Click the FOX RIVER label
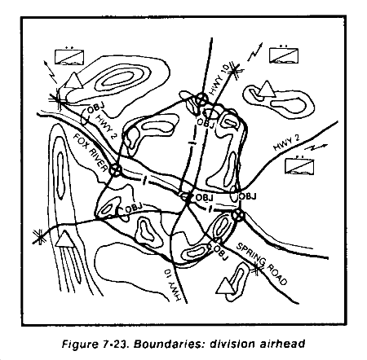(90, 153)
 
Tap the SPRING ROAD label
(262, 264)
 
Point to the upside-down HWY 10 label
(172, 285)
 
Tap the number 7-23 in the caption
(116, 345)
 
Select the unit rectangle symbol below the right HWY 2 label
(299, 166)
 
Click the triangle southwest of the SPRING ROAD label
(225, 286)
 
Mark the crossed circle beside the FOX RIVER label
(115, 170)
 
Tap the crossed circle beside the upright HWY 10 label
(201, 99)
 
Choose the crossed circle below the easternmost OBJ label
(238, 215)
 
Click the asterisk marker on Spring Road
(256, 270)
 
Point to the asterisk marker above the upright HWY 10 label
(234, 71)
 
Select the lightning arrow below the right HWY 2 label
(316, 147)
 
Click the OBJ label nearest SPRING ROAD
(221, 252)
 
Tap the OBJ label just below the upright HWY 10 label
(206, 123)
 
